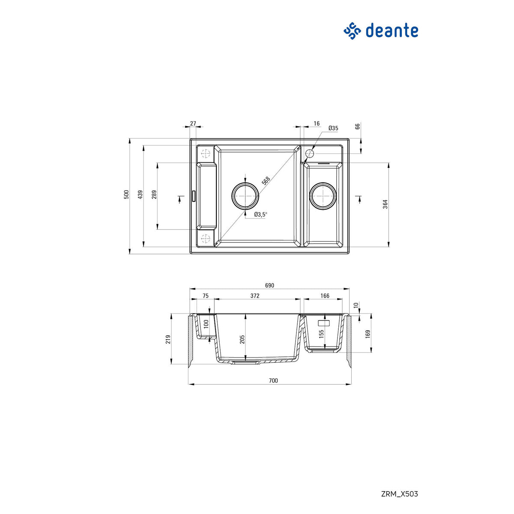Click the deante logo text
pyautogui.click(x=391, y=31)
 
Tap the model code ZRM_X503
pyautogui.click(x=399, y=494)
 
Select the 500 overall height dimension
pyautogui.click(x=126, y=195)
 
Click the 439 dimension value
pyautogui.click(x=140, y=195)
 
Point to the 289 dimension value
pyautogui.click(x=154, y=195)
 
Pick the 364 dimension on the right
pyautogui.click(x=385, y=204)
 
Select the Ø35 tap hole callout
pyautogui.click(x=333, y=128)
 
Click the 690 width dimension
pyautogui.click(x=269, y=286)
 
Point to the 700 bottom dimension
pyautogui.click(x=273, y=380)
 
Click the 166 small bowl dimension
pyautogui.click(x=325, y=296)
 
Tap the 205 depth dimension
pyautogui.click(x=242, y=339)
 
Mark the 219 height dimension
pyautogui.click(x=168, y=339)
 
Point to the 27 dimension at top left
pyautogui.click(x=193, y=123)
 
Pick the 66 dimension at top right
pyautogui.click(x=358, y=126)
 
